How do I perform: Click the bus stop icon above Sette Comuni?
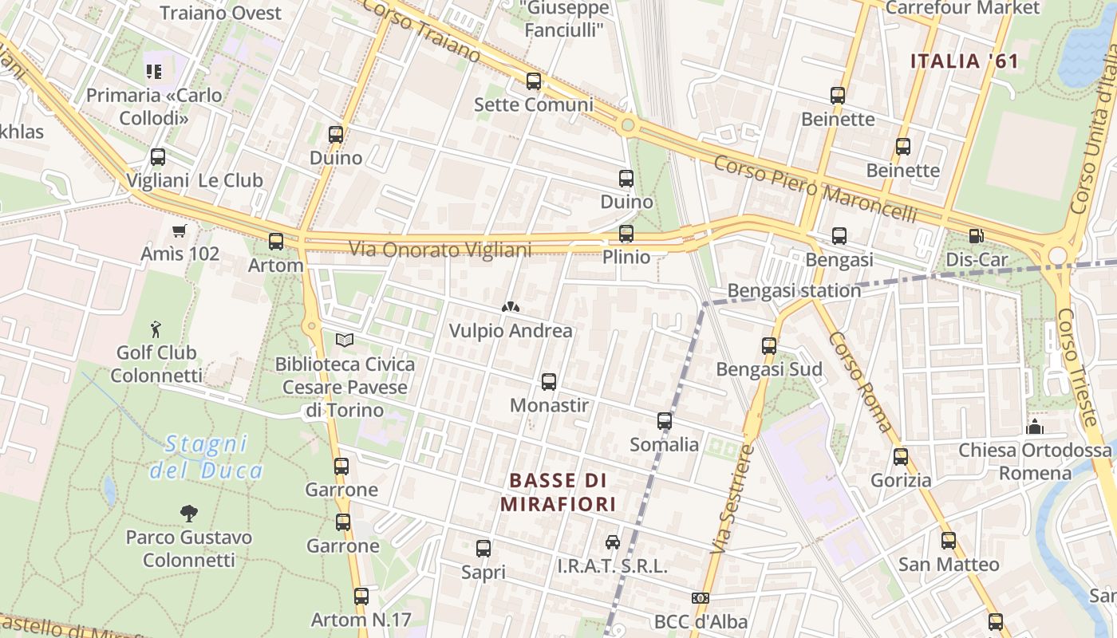coord(534,81)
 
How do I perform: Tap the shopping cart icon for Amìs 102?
coord(180,231)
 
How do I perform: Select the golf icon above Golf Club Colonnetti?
coord(156,329)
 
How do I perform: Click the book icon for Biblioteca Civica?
coord(345,341)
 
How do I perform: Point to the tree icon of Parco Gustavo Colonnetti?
coord(189,513)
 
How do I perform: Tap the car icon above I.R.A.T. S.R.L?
coord(613,542)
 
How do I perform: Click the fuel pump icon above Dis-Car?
coord(976,236)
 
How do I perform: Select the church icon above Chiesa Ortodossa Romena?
coord(1035,427)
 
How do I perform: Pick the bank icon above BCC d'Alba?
coord(701,598)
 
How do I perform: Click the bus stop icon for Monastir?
coord(549,382)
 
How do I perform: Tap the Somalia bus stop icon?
coord(665,421)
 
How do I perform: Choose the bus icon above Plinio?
coord(626,234)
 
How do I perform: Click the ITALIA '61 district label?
coord(965,61)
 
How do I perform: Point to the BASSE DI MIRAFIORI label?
coord(558,492)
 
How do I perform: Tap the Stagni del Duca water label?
coord(207,457)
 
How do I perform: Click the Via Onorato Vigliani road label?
coord(440,250)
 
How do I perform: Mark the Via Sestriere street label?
coord(732,499)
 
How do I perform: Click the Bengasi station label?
coord(794,290)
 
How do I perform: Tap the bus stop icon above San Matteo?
coord(949,541)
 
